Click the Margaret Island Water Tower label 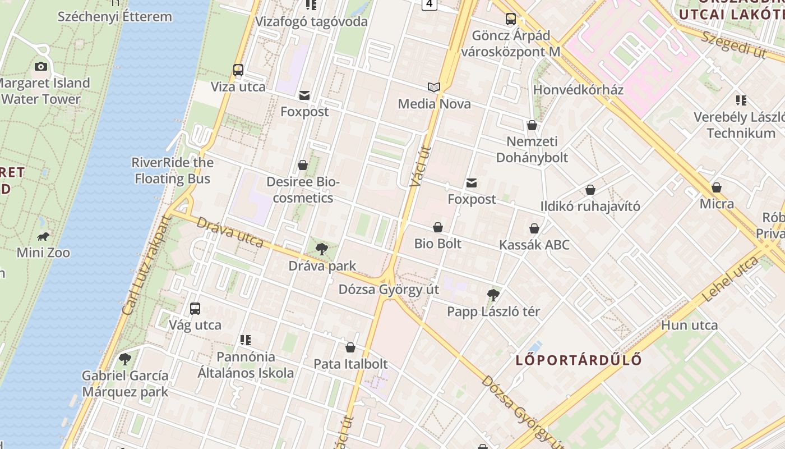pyautogui.click(x=45, y=91)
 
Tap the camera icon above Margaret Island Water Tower pyautogui.click(x=40, y=66)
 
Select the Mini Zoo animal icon pyautogui.click(x=43, y=236)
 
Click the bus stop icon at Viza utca pyautogui.click(x=238, y=70)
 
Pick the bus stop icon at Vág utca pyautogui.click(x=195, y=308)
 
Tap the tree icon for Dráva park pyautogui.click(x=322, y=249)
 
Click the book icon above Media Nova pyautogui.click(x=434, y=87)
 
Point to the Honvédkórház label pyautogui.click(x=578, y=90)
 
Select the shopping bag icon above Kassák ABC pyautogui.click(x=534, y=228)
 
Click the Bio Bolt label pyautogui.click(x=438, y=244)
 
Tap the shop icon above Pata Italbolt pyautogui.click(x=350, y=347)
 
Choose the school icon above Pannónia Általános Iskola pyautogui.click(x=245, y=340)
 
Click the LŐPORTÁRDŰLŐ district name pyautogui.click(x=578, y=360)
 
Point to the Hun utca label pyautogui.click(x=689, y=325)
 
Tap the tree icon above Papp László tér pyautogui.click(x=493, y=295)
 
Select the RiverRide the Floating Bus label pyautogui.click(x=172, y=171)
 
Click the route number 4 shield pyautogui.click(x=430, y=4)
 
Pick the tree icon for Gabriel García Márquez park pyautogui.click(x=125, y=359)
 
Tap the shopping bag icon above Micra pyautogui.click(x=717, y=187)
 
